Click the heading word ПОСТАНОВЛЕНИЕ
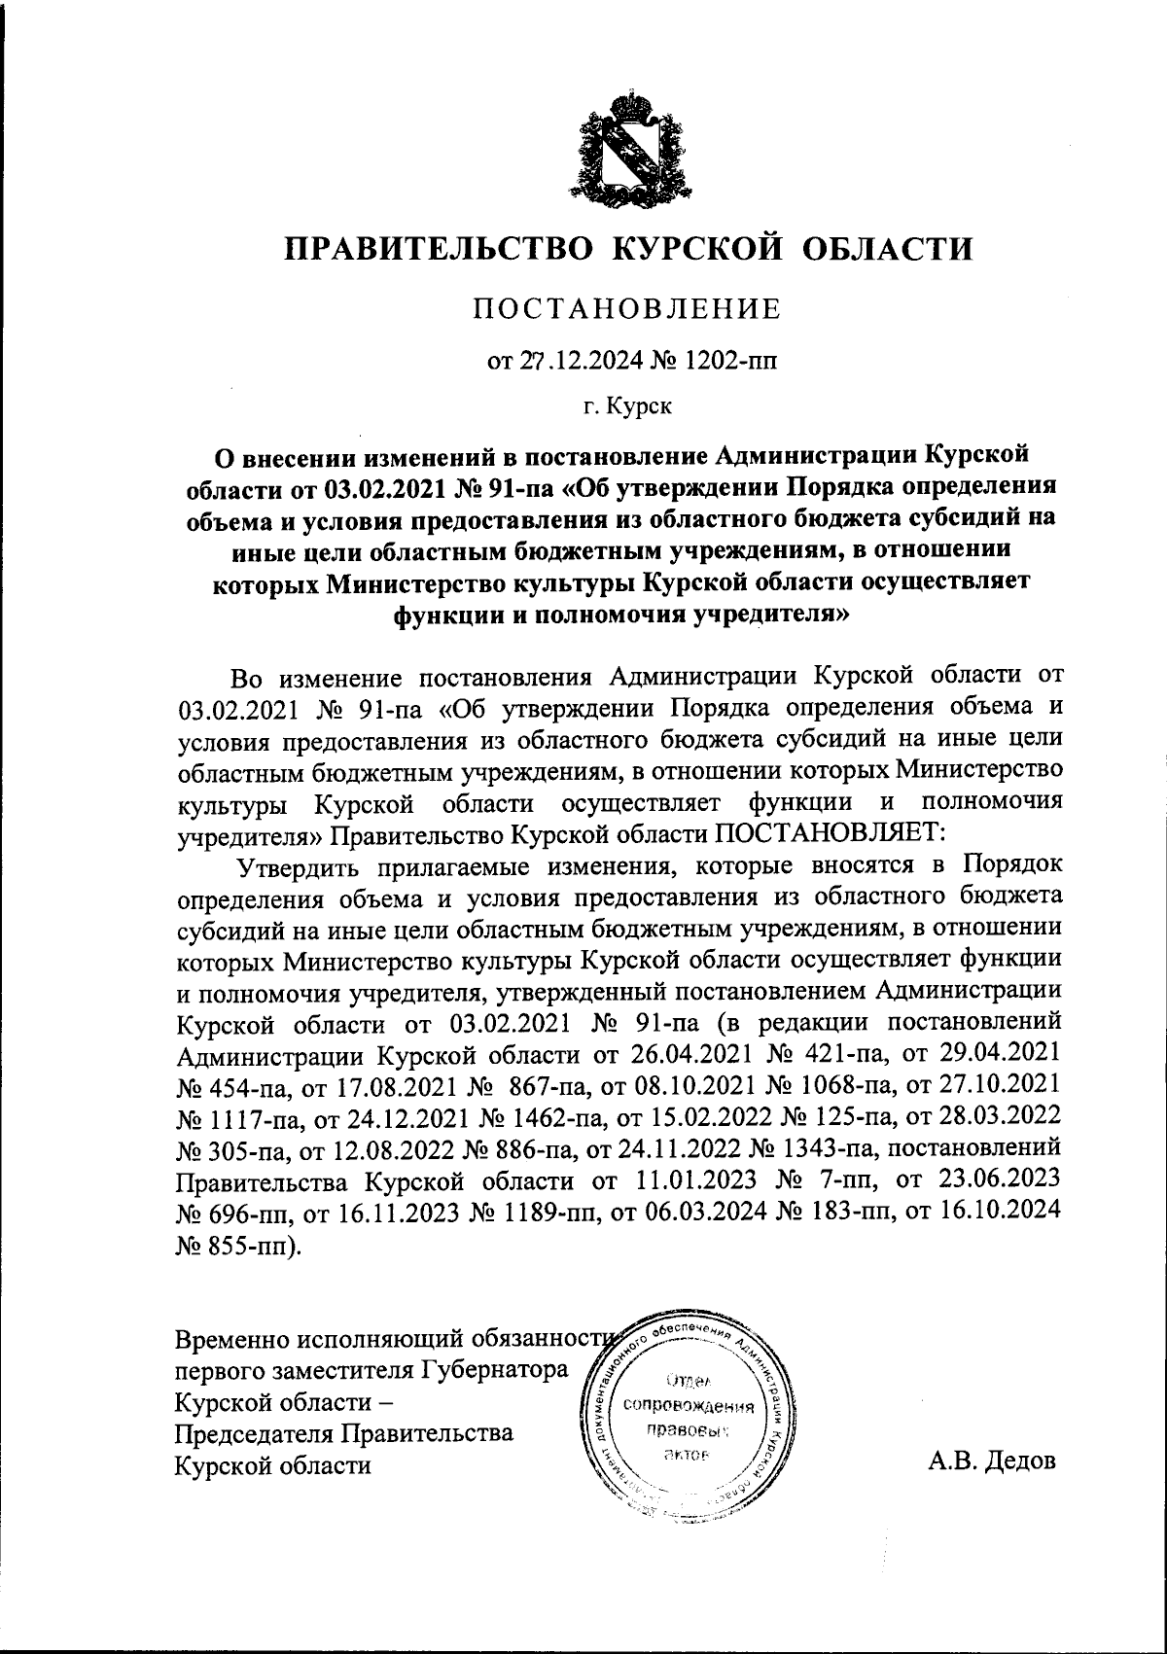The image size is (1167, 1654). pos(626,309)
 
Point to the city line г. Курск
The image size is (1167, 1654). pos(627,405)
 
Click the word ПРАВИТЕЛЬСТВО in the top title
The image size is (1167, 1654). pos(438,248)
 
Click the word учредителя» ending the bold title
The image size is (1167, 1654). pos(773,615)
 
